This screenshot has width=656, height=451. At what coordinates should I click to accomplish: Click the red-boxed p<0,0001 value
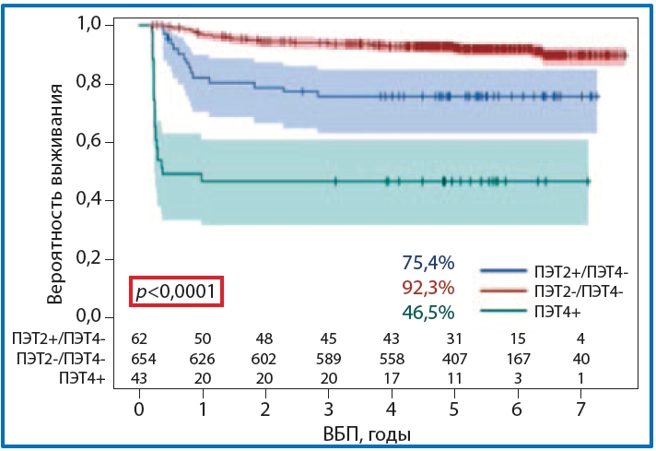click(x=176, y=292)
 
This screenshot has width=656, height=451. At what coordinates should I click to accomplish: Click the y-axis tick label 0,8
click(x=93, y=84)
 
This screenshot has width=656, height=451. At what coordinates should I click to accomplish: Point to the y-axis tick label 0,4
click(x=93, y=200)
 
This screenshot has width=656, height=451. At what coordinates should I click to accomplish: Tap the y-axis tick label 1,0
click(x=93, y=25)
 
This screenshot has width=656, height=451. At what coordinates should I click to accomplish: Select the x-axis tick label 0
click(x=139, y=408)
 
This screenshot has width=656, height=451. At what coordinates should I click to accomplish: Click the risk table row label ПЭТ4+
click(x=81, y=378)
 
